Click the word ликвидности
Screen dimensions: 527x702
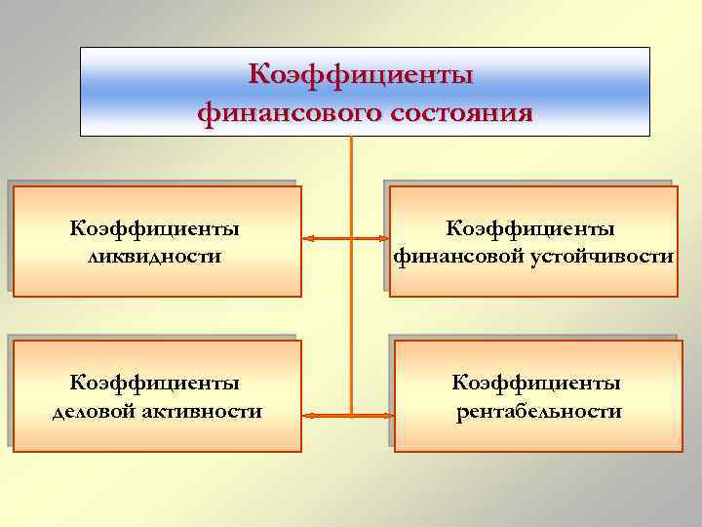point(154,258)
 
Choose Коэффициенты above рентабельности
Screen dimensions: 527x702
point(537,382)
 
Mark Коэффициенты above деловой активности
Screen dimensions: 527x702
point(155,382)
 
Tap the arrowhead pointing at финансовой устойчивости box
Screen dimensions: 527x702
point(382,238)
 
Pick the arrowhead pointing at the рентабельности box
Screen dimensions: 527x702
point(386,416)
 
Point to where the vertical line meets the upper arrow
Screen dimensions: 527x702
point(350,238)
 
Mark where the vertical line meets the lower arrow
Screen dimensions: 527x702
point(350,416)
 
